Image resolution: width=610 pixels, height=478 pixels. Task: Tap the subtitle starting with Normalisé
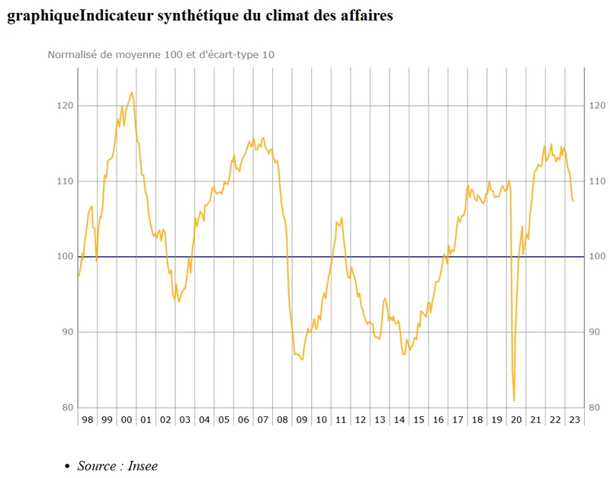click(x=161, y=55)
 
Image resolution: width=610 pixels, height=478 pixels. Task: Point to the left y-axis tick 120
click(x=66, y=106)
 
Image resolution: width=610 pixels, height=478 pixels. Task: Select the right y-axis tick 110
click(x=598, y=181)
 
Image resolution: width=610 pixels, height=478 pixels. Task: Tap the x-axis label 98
click(x=88, y=420)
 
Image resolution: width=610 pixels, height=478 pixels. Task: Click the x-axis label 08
click(x=282, y=420)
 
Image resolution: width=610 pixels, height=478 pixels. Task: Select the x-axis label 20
click(x=515, y=420)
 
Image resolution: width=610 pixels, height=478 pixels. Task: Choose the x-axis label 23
click(x=574, y=420)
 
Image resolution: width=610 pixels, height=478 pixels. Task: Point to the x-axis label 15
click(x=418, y=420)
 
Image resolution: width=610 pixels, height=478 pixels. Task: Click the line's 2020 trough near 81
click(x=515, y=400)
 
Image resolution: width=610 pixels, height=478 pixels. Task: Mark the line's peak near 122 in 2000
click(x=132, y=93)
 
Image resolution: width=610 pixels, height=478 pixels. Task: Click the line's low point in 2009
click(x=303, y=360)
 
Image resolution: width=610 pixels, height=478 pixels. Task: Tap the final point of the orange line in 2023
click(x=573, y=201)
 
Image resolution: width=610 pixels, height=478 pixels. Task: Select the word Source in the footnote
click(x=97, y=466)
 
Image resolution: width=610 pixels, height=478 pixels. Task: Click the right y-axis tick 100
click(x=598, y=257)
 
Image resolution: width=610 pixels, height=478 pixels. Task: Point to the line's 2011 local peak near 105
click(x=342, y=218)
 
